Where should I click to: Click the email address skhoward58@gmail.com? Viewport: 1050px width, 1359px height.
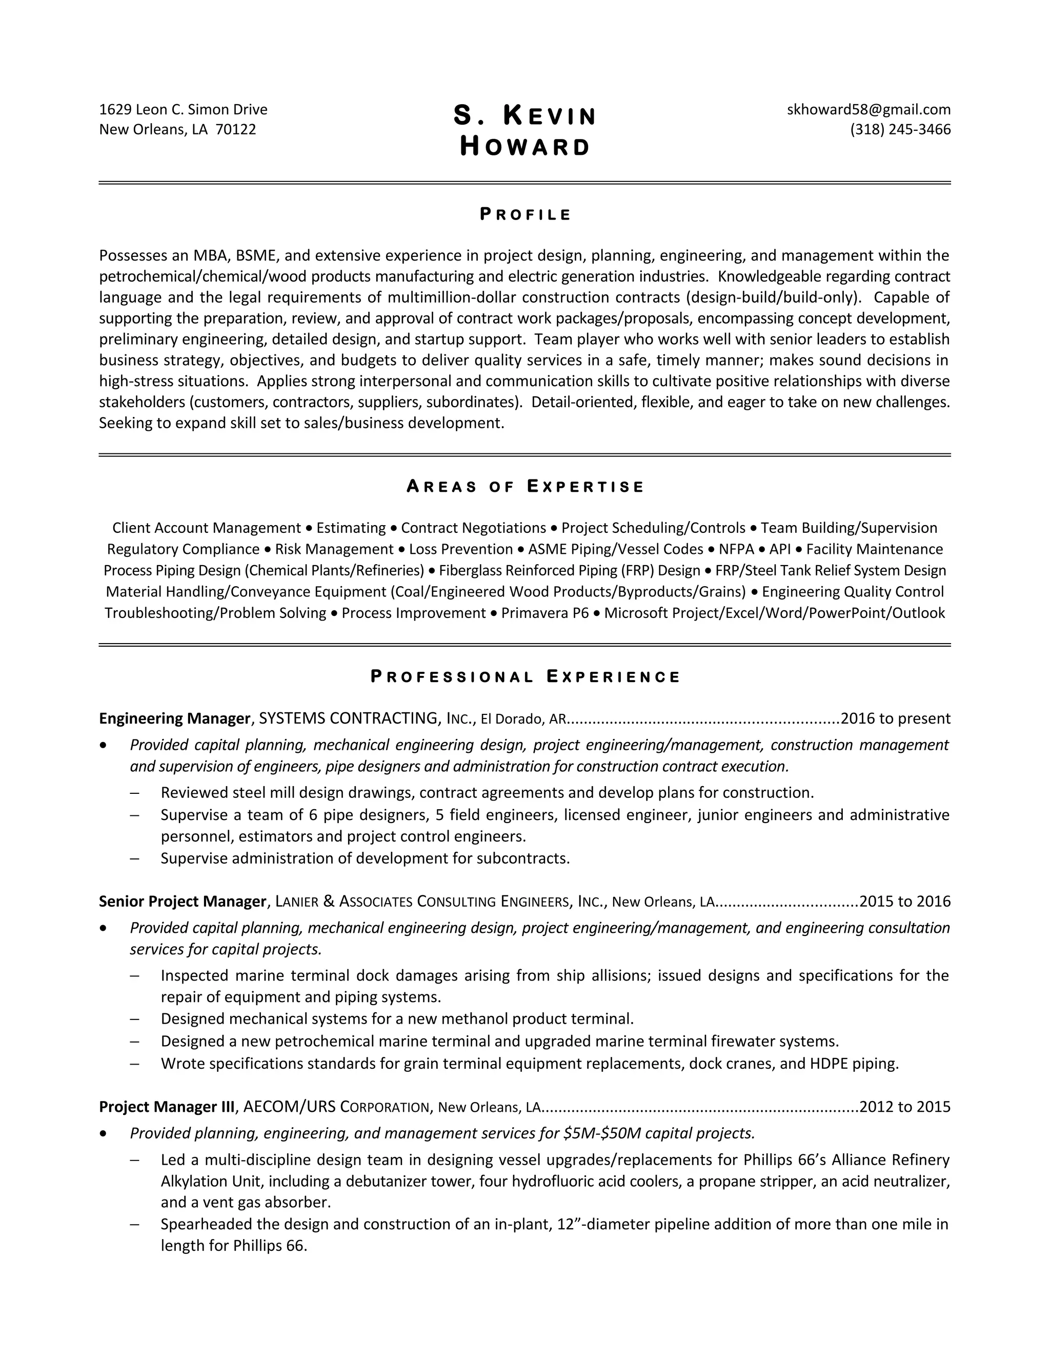pyautogui.click(x=869, y=110)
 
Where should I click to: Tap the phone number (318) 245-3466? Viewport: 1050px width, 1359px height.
pyautogui.click(x=900, y=129)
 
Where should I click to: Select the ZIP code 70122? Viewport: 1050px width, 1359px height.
pyautogui.click(x=236, y=129)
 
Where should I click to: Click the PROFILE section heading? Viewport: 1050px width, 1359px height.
pyautogui.click(x=525, y=215)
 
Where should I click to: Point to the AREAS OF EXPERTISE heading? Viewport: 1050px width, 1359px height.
pyautogui.click(x=525, y=487)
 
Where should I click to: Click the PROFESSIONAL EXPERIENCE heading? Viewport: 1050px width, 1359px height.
pyautogui.click(x=525, y=677)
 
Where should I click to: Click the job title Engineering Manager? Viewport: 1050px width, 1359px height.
pyautogui.click(x=174, y=718)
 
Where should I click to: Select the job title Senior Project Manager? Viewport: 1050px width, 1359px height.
pyautogui.click(x=182, y=902)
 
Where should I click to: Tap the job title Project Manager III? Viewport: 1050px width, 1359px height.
pyautogui.click(x=167, y=1107)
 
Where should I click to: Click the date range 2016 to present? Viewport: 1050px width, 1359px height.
pyautogui.click(x=895, y=718)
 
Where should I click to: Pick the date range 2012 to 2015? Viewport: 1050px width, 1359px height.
pyautogui.click(x=904, y=1107)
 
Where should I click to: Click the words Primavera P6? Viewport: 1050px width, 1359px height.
pyautogui.click(x=544, y=613)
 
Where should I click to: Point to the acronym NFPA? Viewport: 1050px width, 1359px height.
pyautogui.click(x=736, y=549)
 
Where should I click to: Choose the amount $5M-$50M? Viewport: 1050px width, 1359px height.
pyautogui.click(x=601, y=1133)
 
